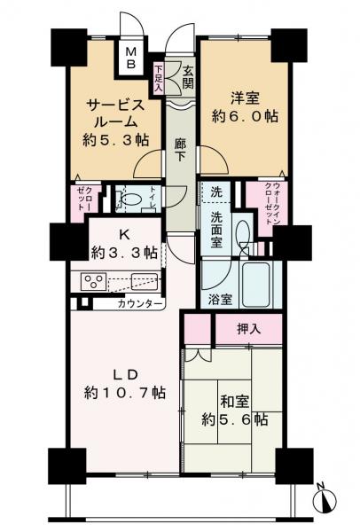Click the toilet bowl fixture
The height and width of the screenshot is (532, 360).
coord(130,199)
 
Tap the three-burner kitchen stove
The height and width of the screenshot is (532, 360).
coord(93,282)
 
